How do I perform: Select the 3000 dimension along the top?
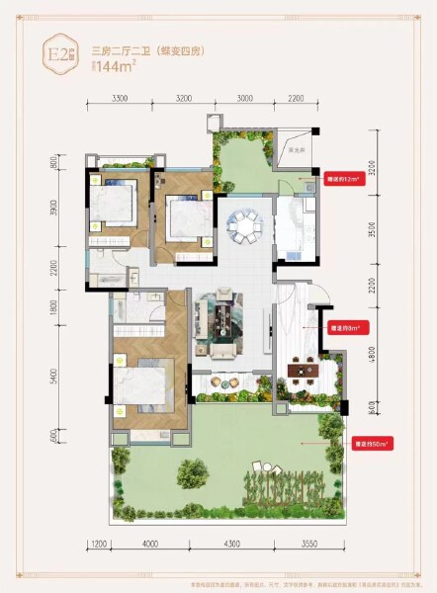click(244, 100)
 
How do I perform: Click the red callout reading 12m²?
click(343, 180)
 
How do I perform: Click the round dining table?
click(241, 226)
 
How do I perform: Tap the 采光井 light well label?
click(295, 149)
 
